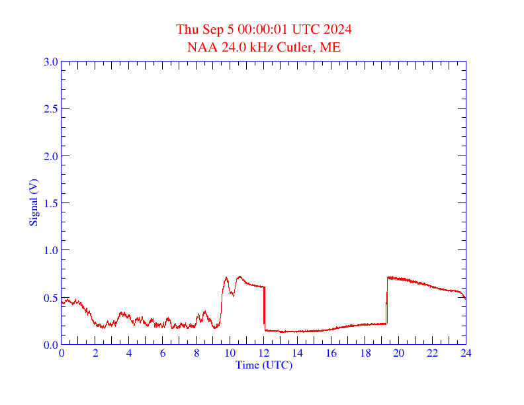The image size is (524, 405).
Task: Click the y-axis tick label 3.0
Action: (50, 62)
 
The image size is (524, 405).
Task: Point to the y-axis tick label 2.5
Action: (50, 109)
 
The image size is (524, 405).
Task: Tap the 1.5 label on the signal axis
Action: (50, 203)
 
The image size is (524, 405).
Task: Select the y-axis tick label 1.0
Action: (50, 250)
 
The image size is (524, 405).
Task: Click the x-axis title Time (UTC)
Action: (264, 365)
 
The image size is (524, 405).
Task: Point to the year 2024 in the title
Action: (337, 30)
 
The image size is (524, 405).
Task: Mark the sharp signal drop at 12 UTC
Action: (264, 308)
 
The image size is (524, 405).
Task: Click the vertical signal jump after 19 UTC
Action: (387, 301)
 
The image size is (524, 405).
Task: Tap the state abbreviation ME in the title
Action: (331, 47)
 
